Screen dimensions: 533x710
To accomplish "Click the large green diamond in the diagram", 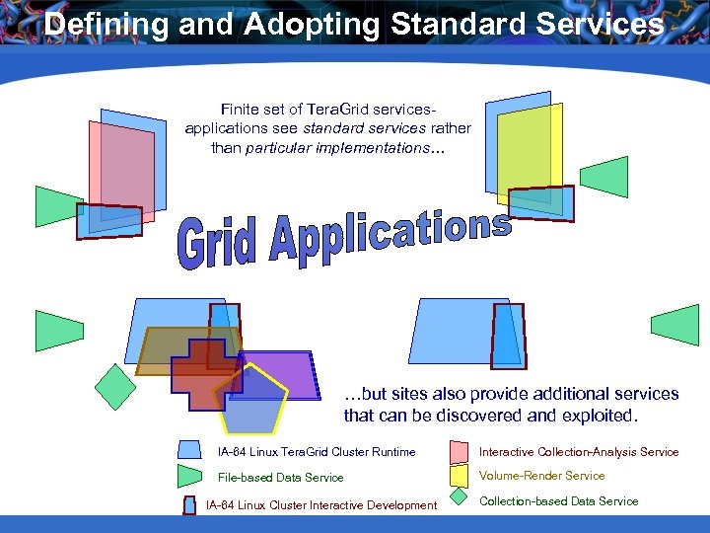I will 115,387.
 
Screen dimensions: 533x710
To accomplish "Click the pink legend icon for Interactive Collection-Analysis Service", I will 459,452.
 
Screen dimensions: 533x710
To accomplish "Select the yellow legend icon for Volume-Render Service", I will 459,476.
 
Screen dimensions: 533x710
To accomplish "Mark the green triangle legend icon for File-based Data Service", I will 189,477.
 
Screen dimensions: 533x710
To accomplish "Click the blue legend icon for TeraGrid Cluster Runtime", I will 189,451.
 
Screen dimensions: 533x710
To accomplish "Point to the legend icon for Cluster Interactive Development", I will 189,505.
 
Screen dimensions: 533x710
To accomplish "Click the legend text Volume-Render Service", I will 541,476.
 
